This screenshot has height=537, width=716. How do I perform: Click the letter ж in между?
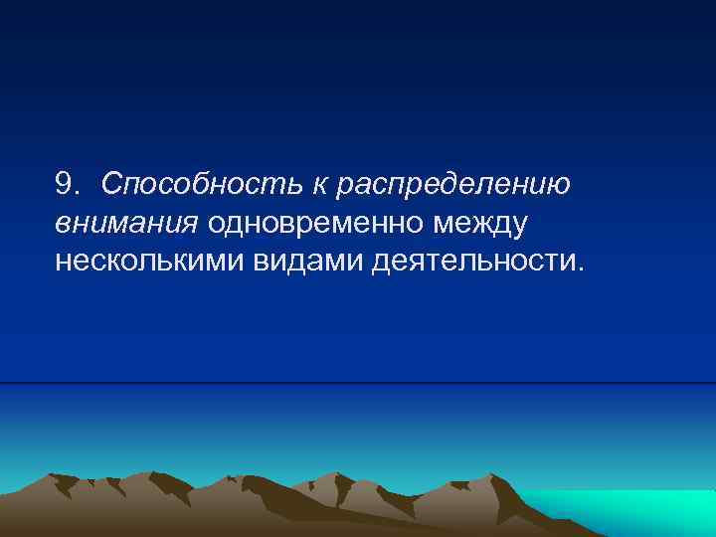(x=482, y=225)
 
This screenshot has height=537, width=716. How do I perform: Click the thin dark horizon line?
(x=358, y=383)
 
